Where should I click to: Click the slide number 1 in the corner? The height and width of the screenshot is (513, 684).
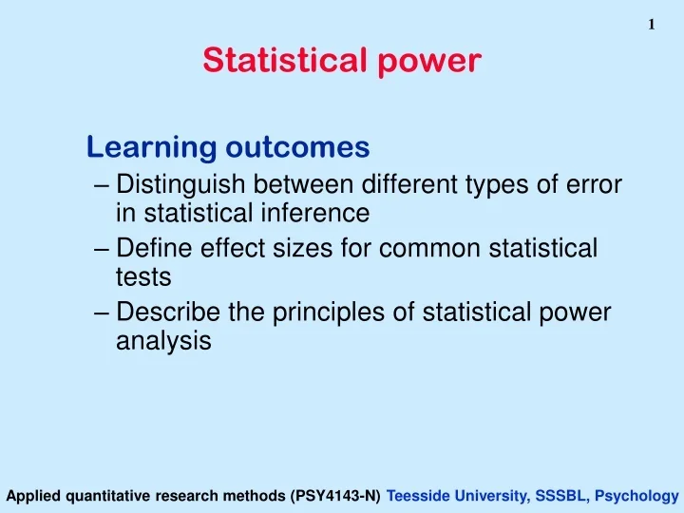tap(652, 26)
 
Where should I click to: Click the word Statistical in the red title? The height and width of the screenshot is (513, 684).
tap(282, 61)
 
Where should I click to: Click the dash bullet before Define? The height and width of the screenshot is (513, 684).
tap(104, 249)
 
